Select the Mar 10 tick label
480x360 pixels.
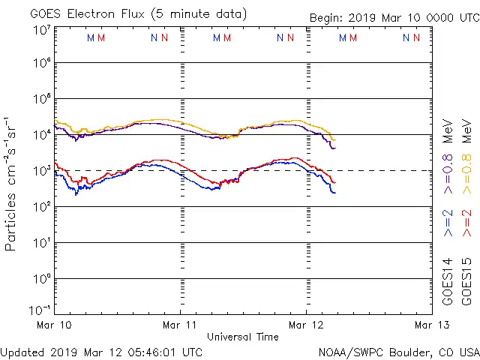point(54,325)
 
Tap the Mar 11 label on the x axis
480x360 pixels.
point(180,325)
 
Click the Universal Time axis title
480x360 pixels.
point(243,337)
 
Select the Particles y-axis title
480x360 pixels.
point(13,184)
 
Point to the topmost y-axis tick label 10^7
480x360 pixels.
point(42,30)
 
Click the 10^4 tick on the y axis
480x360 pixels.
point(42,134)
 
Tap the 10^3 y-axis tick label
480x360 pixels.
point(42,170)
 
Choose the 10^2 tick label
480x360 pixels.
point(42,206)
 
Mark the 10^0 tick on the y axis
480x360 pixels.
point(42,278)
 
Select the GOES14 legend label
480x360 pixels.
point(448,281)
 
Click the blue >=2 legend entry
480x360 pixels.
point(448,223)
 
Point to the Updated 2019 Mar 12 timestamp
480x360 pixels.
point(101,351)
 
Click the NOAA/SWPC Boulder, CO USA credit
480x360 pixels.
point(398,352)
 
